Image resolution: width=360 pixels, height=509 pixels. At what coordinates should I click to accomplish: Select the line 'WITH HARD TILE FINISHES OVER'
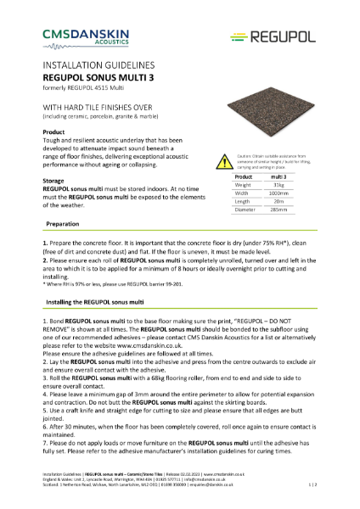pos(103,109)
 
